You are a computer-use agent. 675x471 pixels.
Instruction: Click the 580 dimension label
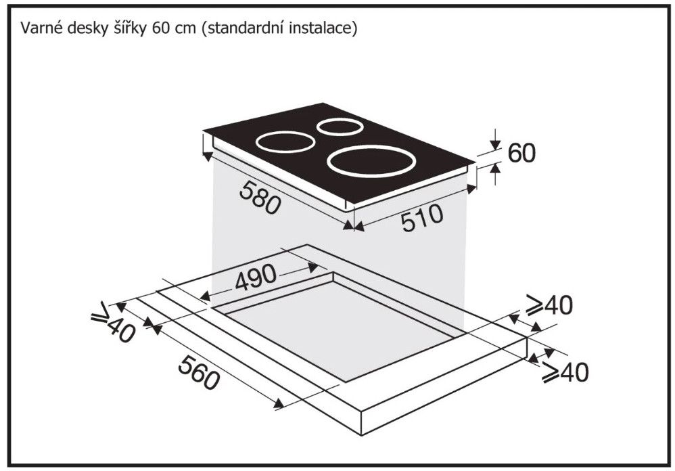coord(260,197)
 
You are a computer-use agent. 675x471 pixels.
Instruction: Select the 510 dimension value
coord(422,218)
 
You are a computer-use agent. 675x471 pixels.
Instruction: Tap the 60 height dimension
coord(521,153)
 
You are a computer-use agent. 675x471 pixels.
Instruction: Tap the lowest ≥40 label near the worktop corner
coord(565,372)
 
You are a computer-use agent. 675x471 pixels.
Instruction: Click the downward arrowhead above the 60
coord(496,145)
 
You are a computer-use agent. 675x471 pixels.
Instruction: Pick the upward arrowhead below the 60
coord(496,169)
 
